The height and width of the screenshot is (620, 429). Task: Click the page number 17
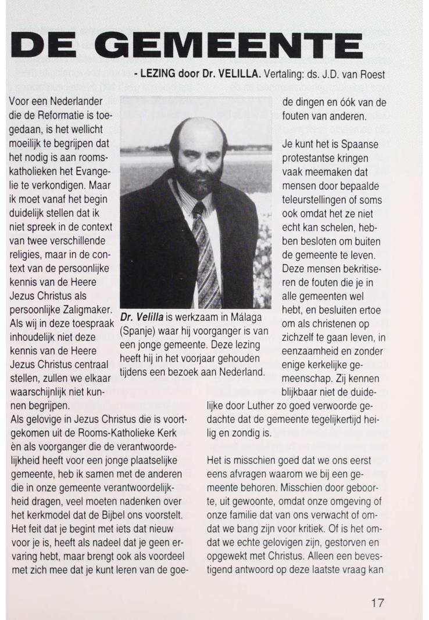pyautogui.click(x=377, y=603)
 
